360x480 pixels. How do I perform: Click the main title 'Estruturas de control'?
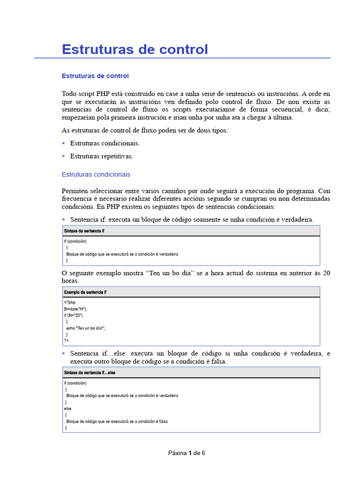click(135, 49)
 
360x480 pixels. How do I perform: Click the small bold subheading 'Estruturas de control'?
click(95, 76)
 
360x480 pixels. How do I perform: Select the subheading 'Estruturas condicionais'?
click(96, 174)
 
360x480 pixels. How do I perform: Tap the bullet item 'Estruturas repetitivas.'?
click(102, 156)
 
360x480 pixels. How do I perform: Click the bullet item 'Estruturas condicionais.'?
click(105, 143)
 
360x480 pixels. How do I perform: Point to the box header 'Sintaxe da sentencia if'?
click(84, 231)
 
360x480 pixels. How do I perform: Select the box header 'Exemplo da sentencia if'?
click(85, 292)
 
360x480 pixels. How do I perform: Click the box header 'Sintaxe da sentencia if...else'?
click(90, 373)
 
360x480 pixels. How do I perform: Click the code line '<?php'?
click(69, 303)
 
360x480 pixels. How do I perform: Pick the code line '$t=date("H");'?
click(75, 309)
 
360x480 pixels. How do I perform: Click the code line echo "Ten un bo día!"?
click(86, 329)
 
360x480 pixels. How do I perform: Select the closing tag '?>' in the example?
click(66, 341)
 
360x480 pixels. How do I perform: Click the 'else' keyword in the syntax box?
click(68, 409)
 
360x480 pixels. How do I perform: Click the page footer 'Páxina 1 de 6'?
click(187, 453)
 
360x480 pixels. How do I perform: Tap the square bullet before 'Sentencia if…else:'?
click(64, 353)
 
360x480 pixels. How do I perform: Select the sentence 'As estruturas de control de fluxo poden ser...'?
click(145, 130)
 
